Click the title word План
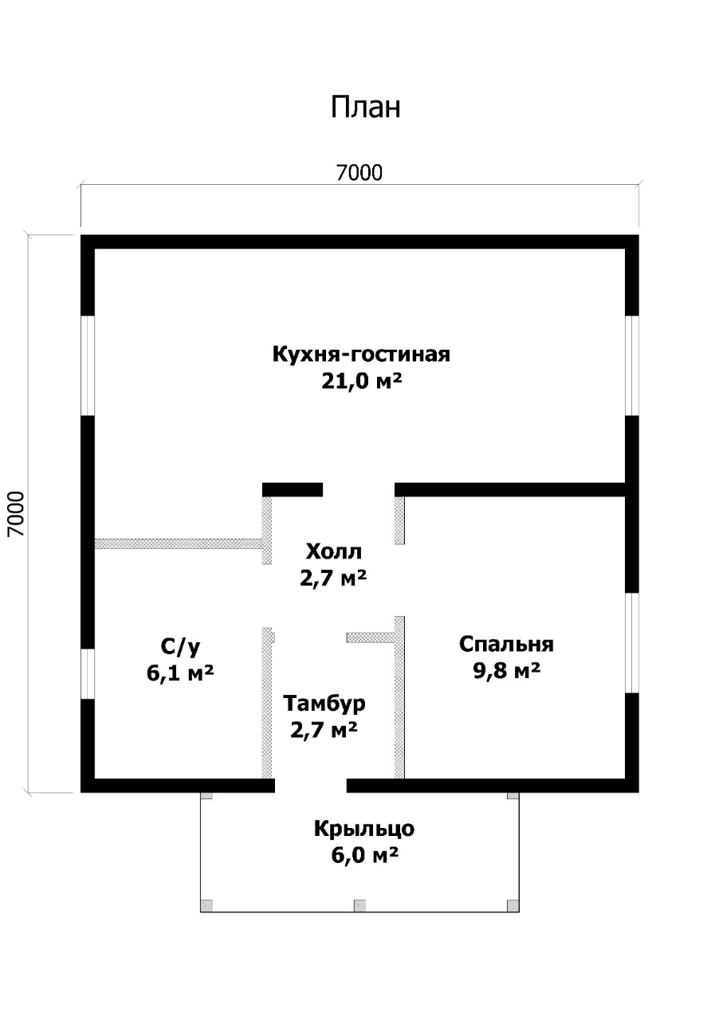click(365, 108)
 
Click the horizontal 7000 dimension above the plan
click(359, 173)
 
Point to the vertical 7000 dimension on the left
click(16, 514)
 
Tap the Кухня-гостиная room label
click(361, 354)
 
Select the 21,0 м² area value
click(361, 381)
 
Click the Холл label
click(333, 551)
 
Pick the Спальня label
click(506, 645)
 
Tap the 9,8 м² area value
click(506, 671)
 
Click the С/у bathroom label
click(180, 646)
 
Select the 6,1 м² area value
click(180, 673)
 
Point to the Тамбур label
click(324, 703)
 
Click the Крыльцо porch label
click(364, 829)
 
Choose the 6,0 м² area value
click(364, 855)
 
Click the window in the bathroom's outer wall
click(88, 673)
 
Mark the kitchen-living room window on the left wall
click(88, 365)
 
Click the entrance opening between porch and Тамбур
click(311, 786)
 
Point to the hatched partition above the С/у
click(178, 543)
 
